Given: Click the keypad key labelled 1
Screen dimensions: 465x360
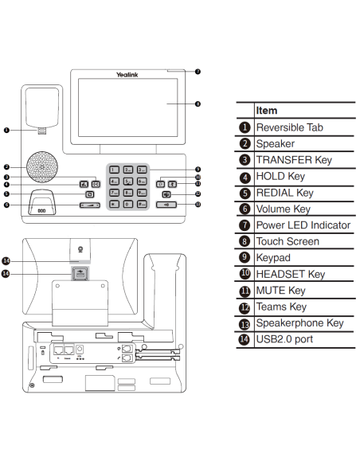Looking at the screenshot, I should tap(113, 170).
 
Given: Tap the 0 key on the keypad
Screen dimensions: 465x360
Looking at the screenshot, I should tap(127, 204).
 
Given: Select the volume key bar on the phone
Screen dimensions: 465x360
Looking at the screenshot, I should tap(91, 205).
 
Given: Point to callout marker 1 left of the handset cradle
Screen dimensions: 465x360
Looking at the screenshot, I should tap(6, 129).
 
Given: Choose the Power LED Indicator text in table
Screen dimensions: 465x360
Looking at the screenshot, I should tap(303, 225).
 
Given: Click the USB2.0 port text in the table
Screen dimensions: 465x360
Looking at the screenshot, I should tap(283, 339).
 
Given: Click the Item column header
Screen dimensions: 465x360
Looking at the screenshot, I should tap(268, 111).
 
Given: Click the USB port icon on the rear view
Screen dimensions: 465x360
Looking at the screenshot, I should tap(78, 273).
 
